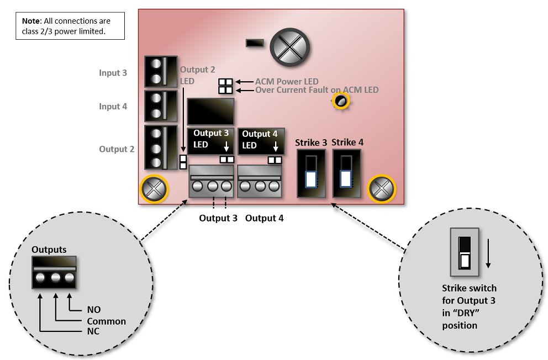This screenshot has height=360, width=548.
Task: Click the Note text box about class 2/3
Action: pyautogui.click(x=70, y=26)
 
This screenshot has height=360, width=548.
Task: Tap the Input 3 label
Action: pyautogui.click(x=113, y=73)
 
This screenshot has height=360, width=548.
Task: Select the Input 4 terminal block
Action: pyautogui.click(x=160, y=106)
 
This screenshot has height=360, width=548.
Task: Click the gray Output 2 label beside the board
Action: pyautogui.click(x=117, y=149)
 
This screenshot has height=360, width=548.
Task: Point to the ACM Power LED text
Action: pyautogui.click(x=287, y=82)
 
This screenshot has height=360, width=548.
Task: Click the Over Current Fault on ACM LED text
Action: pyautogui.click(x=317, y=89)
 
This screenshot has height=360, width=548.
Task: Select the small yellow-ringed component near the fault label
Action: pyautogui.click(x=341, y=100)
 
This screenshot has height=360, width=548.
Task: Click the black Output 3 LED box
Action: pyautogui.click(x=211, y=140)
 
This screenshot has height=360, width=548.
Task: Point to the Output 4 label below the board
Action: pyautogui.click(x=264, y=218)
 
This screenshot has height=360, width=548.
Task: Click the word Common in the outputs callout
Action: pyautogui.click(x=106, y=321)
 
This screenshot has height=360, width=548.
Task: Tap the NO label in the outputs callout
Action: pyautogui.click(x=94, y=310)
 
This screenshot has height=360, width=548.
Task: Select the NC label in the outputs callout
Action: pyautogui.click(x=94, y=332)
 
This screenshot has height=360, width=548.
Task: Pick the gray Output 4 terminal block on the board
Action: pyautogui.click(x=260, y=182)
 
